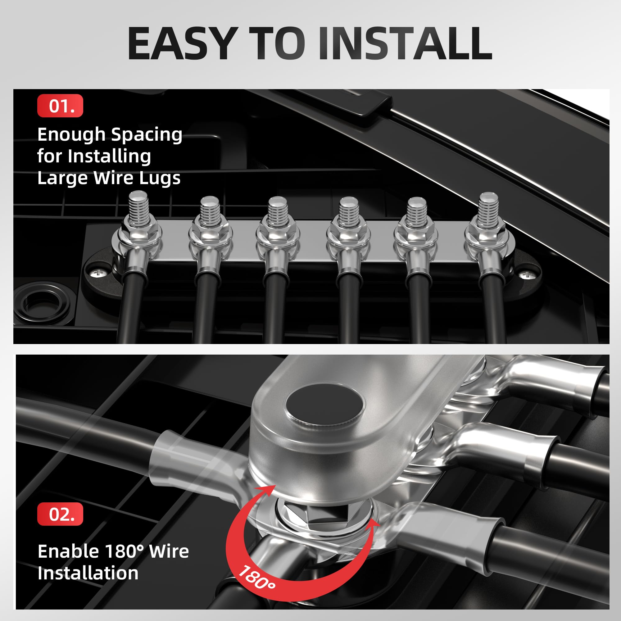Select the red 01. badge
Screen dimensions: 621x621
tap(60, 106)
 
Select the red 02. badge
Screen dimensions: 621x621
tap(60, 514)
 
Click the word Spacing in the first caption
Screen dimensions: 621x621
tap(147, 135)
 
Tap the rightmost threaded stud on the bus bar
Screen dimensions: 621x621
tap(488, 208)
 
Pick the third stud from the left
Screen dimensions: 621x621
tap(278, 211)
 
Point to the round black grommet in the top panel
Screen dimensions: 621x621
tap(42, 302)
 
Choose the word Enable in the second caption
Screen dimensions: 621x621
tap(68, 551)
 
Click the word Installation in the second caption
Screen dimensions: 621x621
tap(88, 573)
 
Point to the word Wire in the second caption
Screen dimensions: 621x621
tap(169, 551)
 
